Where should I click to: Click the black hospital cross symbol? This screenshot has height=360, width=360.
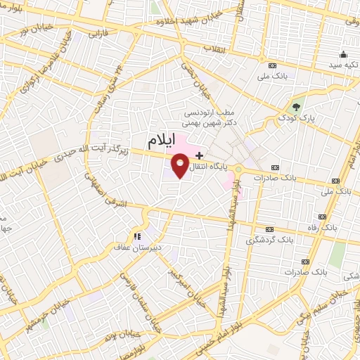point(200,155)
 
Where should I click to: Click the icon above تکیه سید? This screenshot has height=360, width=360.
point(342,55)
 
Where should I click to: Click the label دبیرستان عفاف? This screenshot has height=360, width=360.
point(136,247)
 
